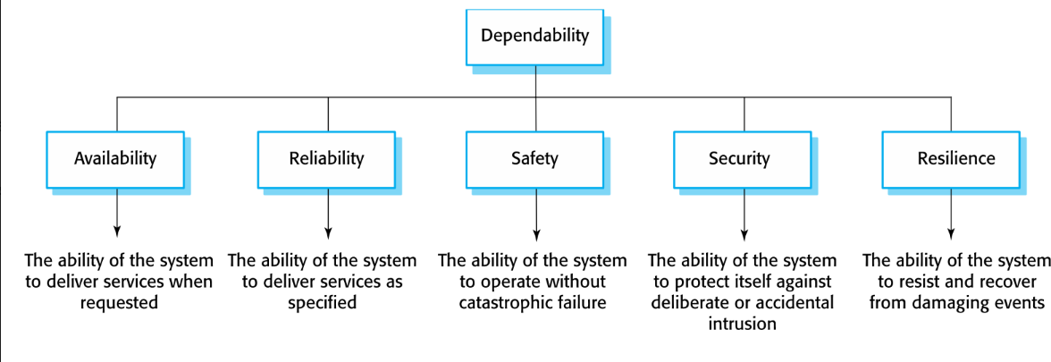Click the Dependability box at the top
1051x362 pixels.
coord(534,37)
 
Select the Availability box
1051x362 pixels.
coord(115,159)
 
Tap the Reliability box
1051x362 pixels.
coord(326,159)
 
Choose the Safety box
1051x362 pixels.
coord(534,159)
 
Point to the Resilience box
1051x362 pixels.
coord(951,159)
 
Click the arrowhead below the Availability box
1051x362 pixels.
coord(117,234)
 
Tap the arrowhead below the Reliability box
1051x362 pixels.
coord(328,234)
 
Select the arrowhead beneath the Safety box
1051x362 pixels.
coord(535,234)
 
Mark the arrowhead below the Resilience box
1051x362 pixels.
coord(951,234)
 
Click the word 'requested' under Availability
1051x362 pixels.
coord(119,303)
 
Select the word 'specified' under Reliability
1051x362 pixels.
coord(322,303)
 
